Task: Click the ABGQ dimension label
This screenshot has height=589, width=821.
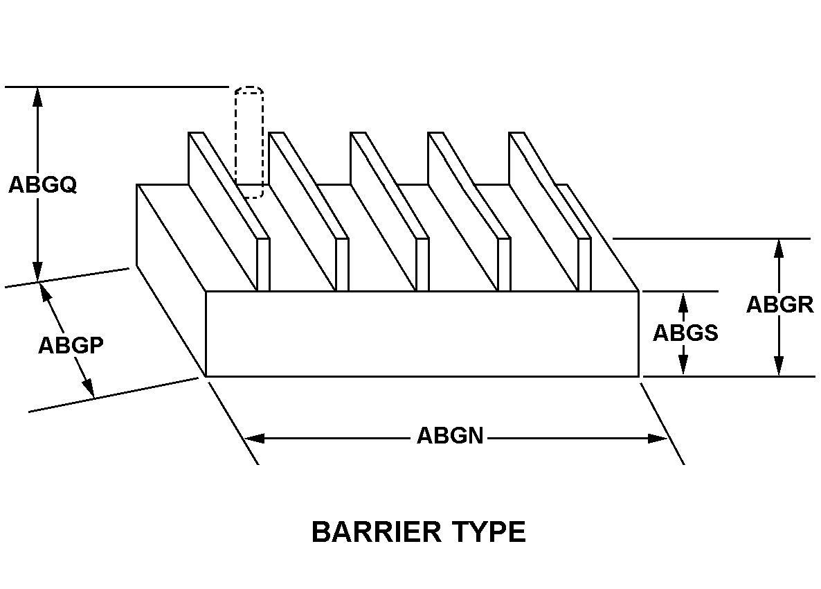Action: [43, 185]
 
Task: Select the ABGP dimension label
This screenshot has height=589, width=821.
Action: [71, 345]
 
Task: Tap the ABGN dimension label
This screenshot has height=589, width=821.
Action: [450, 435]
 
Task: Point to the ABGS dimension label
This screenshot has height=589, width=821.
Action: [685, 333]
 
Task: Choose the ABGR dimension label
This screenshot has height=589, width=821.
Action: [779, 304]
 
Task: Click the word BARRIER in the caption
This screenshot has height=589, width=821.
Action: [375, 532]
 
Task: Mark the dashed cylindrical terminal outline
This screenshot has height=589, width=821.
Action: [249, 142]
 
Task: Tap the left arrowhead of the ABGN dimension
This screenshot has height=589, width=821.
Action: [255, 438]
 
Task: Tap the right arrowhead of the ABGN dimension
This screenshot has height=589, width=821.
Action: [658, 438]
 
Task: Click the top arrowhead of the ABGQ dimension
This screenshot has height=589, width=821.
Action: [37, 98]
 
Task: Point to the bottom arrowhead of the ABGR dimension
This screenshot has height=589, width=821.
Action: [779, 366]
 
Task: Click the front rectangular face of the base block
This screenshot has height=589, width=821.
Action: [422, 334]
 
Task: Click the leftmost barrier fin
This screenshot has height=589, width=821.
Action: [229, 212]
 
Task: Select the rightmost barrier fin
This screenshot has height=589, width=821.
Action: [550, 212]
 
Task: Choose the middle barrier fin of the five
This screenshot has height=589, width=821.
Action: [390, 212]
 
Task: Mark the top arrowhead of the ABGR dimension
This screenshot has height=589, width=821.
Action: [779, 249]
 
